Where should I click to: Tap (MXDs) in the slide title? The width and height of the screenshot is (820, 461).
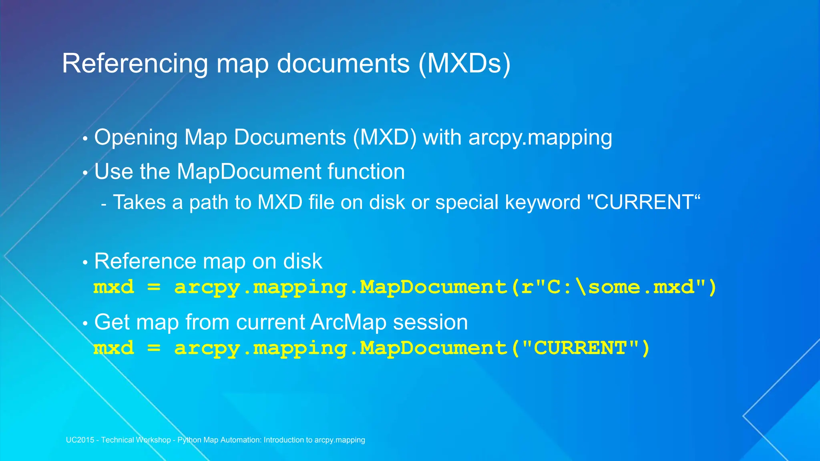[x=464, y=64]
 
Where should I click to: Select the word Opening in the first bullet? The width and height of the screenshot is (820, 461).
[x=136, y=138]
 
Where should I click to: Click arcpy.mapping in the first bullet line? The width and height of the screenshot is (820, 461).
[x=540, y=138]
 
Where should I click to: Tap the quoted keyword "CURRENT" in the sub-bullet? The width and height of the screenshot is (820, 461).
[x=643, y=202]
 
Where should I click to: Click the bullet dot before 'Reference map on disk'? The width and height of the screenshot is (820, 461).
[x=85, y=263]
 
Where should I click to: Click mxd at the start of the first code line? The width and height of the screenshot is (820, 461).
[x=114, y=287]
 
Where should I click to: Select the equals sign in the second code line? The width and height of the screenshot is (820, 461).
[x=154, y=348]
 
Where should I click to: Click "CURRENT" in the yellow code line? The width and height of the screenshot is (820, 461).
[x=580, y=348]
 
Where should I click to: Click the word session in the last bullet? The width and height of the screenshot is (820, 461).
[x=430, y=322]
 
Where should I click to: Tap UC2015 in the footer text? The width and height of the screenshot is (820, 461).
[x=80, y=440]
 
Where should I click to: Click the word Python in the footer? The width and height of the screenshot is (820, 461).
[x=189, y=440]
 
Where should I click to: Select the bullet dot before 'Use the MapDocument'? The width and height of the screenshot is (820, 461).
[x=85, y=173]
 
